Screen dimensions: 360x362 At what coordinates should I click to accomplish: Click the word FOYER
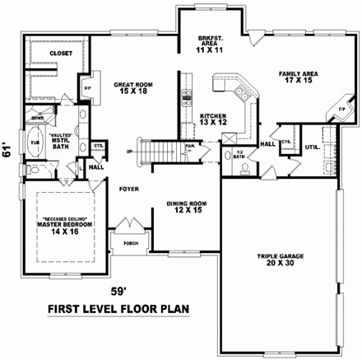click(129, 189)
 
